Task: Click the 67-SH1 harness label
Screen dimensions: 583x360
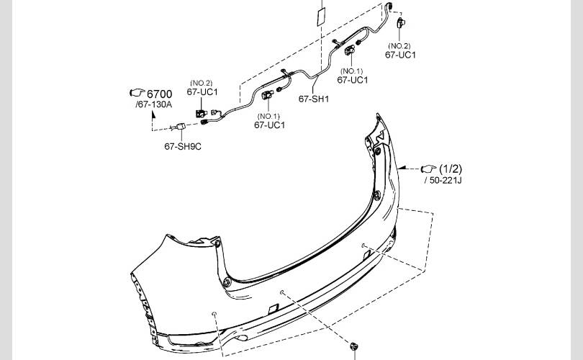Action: click(x=313, y=99)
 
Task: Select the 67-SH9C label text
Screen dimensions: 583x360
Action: click(x=183, y=147)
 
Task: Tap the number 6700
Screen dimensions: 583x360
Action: click(x=160, y=94)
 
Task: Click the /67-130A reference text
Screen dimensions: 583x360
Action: click(x=153, y=104)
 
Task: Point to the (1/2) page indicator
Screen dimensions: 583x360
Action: click(x=451, y=169)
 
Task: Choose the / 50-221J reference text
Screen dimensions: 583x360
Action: click(x=443, y=181)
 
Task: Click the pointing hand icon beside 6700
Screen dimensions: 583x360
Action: click(x=137, y=92)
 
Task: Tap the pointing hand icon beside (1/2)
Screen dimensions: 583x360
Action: click(x=428, y=169)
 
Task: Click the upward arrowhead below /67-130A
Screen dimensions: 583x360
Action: click(x=153, y=114)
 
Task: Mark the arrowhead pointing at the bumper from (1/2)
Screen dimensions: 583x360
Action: click(x=400, y=168)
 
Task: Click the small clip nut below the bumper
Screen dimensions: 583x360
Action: click(x=353, y=346)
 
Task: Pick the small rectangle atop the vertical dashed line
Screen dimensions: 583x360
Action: click(x=321, y=17)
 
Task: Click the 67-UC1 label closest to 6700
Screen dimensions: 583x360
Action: click(x=202, y=92)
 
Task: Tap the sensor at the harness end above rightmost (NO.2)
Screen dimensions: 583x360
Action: click(x=401, y=22)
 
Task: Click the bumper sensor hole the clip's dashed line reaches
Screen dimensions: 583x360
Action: click(x=282, y=292)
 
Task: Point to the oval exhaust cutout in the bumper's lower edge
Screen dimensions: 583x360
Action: click(x=241, y=338)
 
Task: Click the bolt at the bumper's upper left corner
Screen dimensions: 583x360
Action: click(x=217, y=243)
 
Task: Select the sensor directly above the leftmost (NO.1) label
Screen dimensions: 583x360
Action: click(x=267, y=95)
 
